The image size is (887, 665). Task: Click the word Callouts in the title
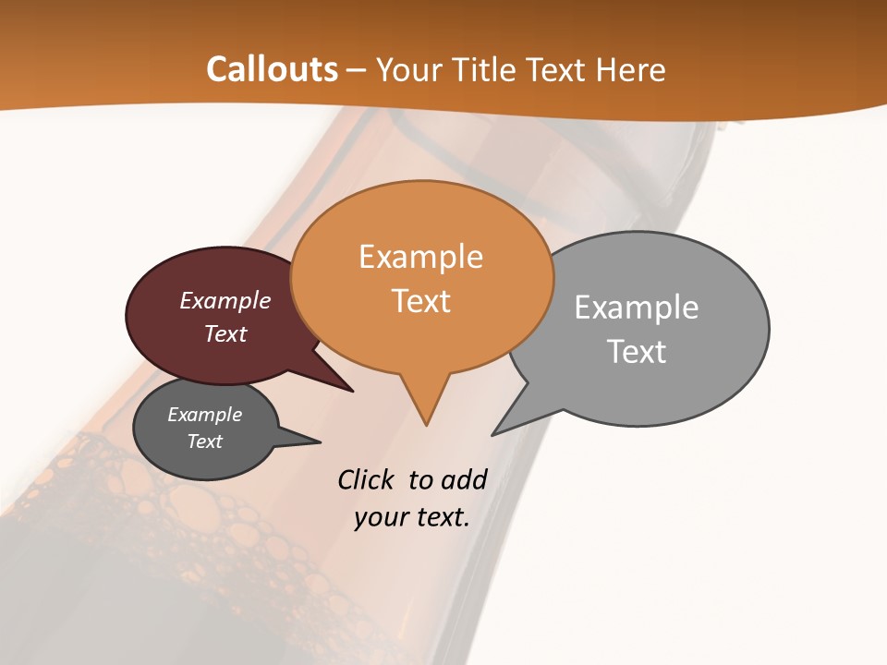pos(272,69)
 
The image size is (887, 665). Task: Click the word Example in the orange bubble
pos(420,257)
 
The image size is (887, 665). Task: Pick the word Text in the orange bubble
pos(420,301)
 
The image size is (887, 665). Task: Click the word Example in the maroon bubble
pos(225,300)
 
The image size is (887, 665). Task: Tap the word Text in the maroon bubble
pos(225,333)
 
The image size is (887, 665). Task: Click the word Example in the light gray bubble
pos(637,307)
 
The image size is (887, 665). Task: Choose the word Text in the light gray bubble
pos(637,351)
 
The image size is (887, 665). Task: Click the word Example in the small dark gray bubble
pos(205,415)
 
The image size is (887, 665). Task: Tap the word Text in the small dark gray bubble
pos(205,441)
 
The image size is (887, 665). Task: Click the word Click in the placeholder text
pos(365,479)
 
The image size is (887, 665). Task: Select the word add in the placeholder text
pos(464,479)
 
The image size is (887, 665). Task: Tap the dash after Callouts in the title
pos(357,69)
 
